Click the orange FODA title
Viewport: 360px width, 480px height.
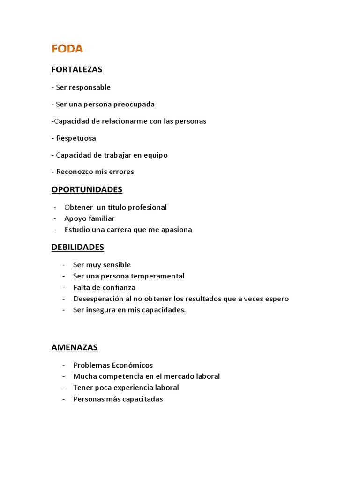pos(67,49)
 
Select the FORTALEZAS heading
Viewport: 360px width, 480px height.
pos(77,70)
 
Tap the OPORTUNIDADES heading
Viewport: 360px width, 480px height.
pos(87,190)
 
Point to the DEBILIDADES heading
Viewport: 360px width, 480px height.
pos(78,247)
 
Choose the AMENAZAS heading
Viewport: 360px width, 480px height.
pos(75,347)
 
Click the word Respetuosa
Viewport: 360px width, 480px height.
pos(76,138)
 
